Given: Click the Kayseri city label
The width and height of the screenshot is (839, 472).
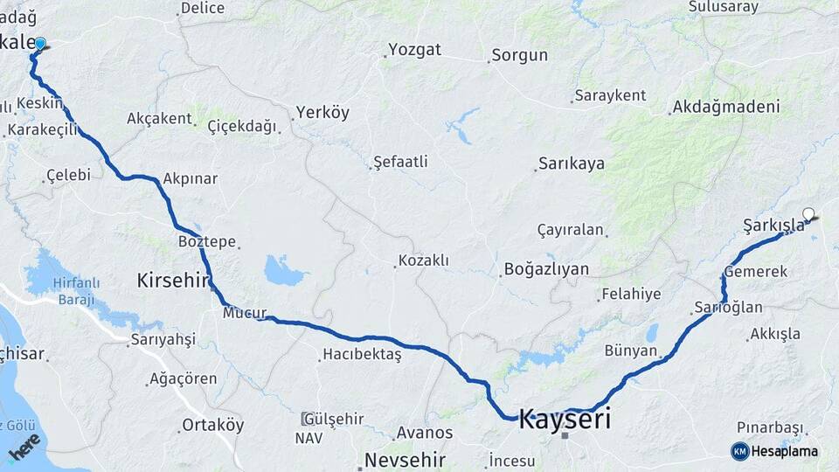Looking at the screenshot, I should pyautogui.click(x=565, y=419).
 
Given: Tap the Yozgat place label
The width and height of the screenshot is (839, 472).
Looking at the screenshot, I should pyautogui.click(x=414, y=49).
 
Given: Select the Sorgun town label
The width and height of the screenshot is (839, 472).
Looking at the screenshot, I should pyautogui.click(x=519, y=55).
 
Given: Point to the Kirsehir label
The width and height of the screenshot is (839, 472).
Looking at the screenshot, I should pyautogui.click(x=173, y=281).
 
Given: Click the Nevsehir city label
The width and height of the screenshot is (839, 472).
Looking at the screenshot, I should pyautogui.click(x=405, y=460).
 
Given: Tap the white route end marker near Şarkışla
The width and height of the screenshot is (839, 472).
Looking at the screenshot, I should pyautogui.click(x=808, y=214).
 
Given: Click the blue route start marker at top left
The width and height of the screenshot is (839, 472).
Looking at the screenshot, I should pyautogui.click(x=39, y=43).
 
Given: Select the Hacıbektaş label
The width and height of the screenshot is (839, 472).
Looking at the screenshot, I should pyautogui.click(x=362, y=354).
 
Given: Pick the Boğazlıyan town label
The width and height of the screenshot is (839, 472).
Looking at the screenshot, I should pyautogui.click(x=546, y=269).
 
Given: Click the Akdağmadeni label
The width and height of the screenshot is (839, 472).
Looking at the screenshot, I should pyautogui.click(x=725, y=108).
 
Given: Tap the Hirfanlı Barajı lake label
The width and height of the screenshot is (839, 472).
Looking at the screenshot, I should pyautogui.click(x=76, y=291).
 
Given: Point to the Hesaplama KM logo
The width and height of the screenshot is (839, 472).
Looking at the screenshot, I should pyautogui.click(x=774, y=451).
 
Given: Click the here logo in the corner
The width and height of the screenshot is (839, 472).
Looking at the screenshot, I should pyautogui.click(x=24, y=447).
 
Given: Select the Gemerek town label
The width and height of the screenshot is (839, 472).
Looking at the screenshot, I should pyautogui.click(x=756, y=272).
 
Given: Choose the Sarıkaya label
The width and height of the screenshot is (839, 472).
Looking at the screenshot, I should pyautogui.click(x=571, y=163).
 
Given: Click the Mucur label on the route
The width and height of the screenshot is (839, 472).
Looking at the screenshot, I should pyautogui.click(x=244, y=312).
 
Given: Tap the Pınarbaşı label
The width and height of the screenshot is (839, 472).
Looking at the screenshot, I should pyautogui.click(x=769, y=427).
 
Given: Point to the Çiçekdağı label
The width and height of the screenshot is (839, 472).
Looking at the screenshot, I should pyautogui.click(x=242, y=126).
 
